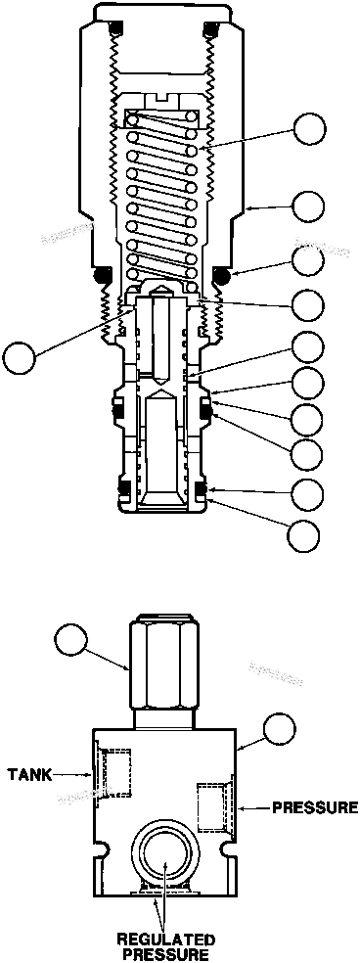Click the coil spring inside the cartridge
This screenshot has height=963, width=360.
point(163,196)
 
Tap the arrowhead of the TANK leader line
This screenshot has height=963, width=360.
point(94,773)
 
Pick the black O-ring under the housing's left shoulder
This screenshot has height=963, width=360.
point(102,277)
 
